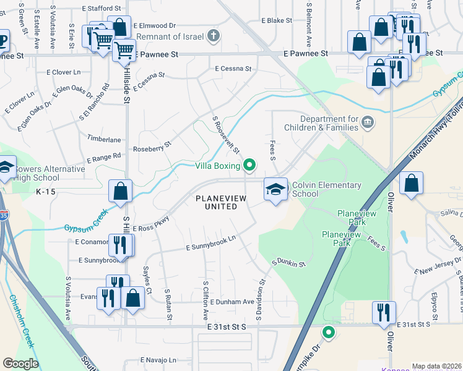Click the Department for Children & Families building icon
pos(368,121)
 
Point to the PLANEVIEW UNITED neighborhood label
pos(221,202)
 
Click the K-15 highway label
pos(46,192)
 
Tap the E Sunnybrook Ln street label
pos(211,243)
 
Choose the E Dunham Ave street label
pos(232,302)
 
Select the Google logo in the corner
pos(21,363)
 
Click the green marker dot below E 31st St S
pos(329,333)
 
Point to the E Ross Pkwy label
pos(151,223)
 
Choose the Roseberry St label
pos(152,150)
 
